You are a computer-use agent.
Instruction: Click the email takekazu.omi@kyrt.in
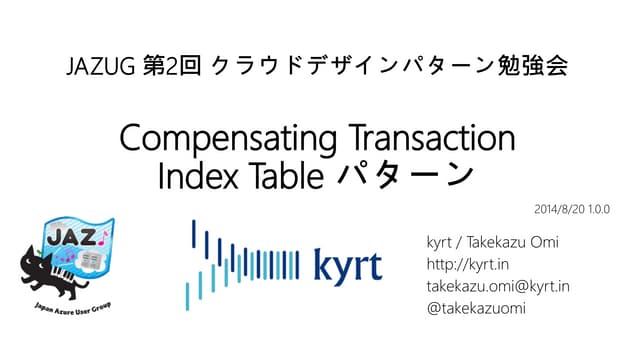(x=498, y=287)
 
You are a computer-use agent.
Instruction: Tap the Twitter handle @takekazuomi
(x=477, y=308)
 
